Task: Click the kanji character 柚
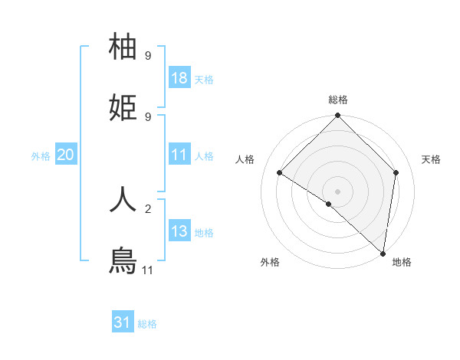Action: tap(123, 47)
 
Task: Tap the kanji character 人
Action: tap(123, 199)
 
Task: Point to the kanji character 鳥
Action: tap(123, 260)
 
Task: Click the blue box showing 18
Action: tap(179, 78)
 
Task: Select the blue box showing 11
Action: tap(179, 155)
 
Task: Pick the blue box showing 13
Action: tap(179, 231)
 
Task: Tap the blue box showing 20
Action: tap(66, 155)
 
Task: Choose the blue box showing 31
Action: tap(123, 322)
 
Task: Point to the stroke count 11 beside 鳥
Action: tap(147, 270)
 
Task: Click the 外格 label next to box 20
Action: tap(41, 155)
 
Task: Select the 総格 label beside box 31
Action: tap(147, 324)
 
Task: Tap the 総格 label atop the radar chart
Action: tap(338, 100)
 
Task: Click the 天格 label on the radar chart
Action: tap(431, 159)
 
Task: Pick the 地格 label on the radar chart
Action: tap(402, 262)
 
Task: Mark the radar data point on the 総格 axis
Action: tap(338, 116)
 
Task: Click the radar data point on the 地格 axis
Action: tap(383, 253)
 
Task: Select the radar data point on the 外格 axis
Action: tap(329, 204)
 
